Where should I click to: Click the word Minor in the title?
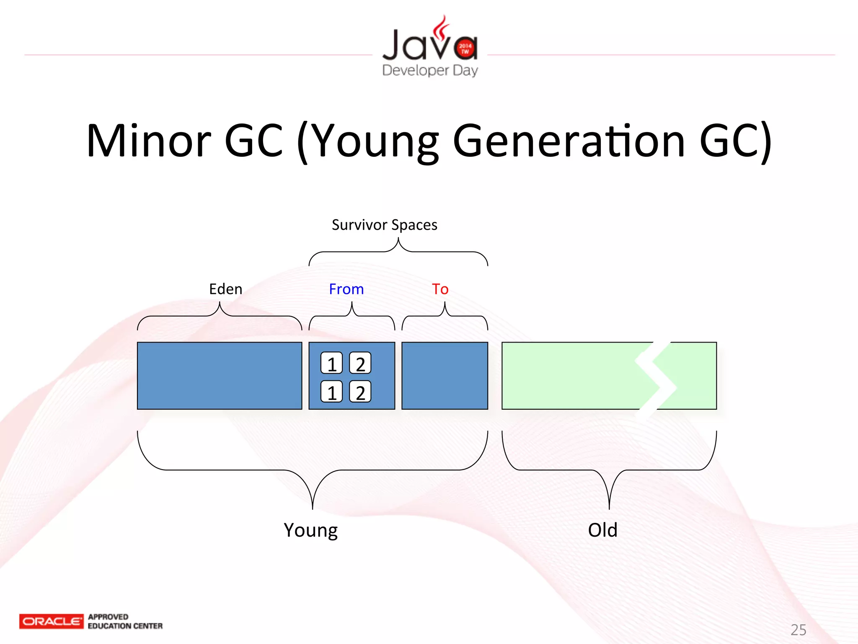[x=149, y=141]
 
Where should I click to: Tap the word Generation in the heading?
[x=569, y=142]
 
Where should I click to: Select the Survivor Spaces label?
[x=384, y=225]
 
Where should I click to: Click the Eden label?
[x=225, y=289]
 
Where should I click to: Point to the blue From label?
[x=346, y=289]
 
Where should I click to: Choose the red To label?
[x=440, y=289]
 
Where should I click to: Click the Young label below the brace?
[x=310, y=530]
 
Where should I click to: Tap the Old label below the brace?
[x=602, y=530]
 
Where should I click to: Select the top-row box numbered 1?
[x=331, y=363]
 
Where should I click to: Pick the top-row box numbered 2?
[x=360, y=363]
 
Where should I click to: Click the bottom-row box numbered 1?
[x=331, y=392]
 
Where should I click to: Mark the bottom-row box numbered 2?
[x=360, y=392]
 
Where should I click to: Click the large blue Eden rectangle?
[x=220, y=376]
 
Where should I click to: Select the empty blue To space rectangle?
[x=445, y=376]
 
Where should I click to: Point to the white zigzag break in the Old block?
[x=656, y=377]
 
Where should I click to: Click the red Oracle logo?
[x=51, y=621]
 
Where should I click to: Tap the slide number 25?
[x=798, y=630]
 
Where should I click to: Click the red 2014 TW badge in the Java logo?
[x=465, y=49]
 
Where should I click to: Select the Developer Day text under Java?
[x=430, y=70]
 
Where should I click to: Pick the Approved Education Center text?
[x=125, y=621]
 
